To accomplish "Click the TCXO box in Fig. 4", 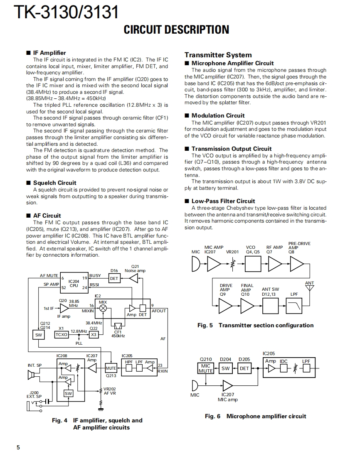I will [x=62, y=335].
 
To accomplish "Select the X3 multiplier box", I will [x=94, y=335].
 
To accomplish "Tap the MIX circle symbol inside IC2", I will [x=103, y=308].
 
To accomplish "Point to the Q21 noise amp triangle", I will [x=133, y=279].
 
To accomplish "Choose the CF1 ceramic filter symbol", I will [x=118, y=325].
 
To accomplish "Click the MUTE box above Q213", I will [x=111, y=368].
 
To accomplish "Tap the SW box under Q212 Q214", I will [x=38, y=335].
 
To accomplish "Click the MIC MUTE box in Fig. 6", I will [x=205, y=368].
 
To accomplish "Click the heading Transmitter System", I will [x=218, y=55].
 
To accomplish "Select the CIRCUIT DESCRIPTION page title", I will [x=176, y=29].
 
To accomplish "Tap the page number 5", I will [x=18, y=447].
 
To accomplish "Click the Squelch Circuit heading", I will [x=54, y=183].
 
